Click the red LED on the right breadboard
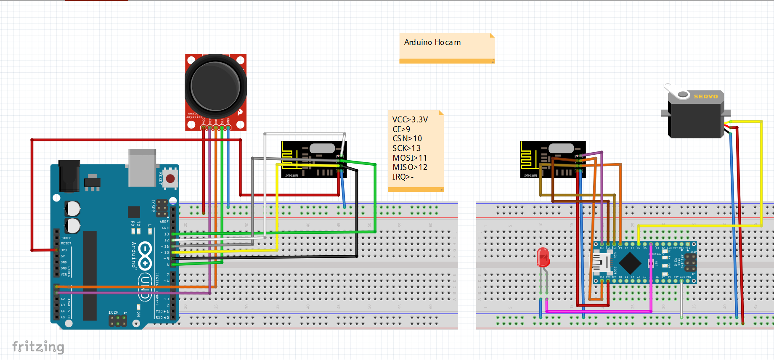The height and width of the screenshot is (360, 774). pyautogui.click(x=543, y=257)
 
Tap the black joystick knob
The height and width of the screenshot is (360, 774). pyautogui.click(x=215, y=87)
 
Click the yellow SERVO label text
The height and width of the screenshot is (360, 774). pyautogui.click(x=705, y=96)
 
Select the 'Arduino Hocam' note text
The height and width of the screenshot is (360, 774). pyautogui.click(x=432, y=42)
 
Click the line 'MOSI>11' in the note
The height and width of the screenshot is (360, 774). pyautogui.click(x=409, y=158)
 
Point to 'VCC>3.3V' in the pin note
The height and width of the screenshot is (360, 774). pyautogui.click(x=410, y=119)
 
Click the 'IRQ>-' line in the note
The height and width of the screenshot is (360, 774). pyautogui.click(x=403, y=177)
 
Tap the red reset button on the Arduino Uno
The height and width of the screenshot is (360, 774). pyautogui.click(x=170, y=178)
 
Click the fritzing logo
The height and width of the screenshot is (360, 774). pyautogui.click(x=38, y=347)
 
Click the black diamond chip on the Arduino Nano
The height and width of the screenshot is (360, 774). pyautogui.click(x=630, y=263)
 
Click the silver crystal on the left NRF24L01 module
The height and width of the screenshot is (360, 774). pyautogui.click(x=322, y=148)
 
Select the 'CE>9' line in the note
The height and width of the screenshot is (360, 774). pyautogui.click(x=401, y=129)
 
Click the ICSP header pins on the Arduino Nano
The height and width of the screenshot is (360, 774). pyautogui.click(x=690, y=263)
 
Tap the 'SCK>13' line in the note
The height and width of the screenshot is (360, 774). pyautogui.click(x=406, y=148)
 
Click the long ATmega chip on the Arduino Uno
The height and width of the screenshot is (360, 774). pyautogui.click(x=90, y=275)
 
